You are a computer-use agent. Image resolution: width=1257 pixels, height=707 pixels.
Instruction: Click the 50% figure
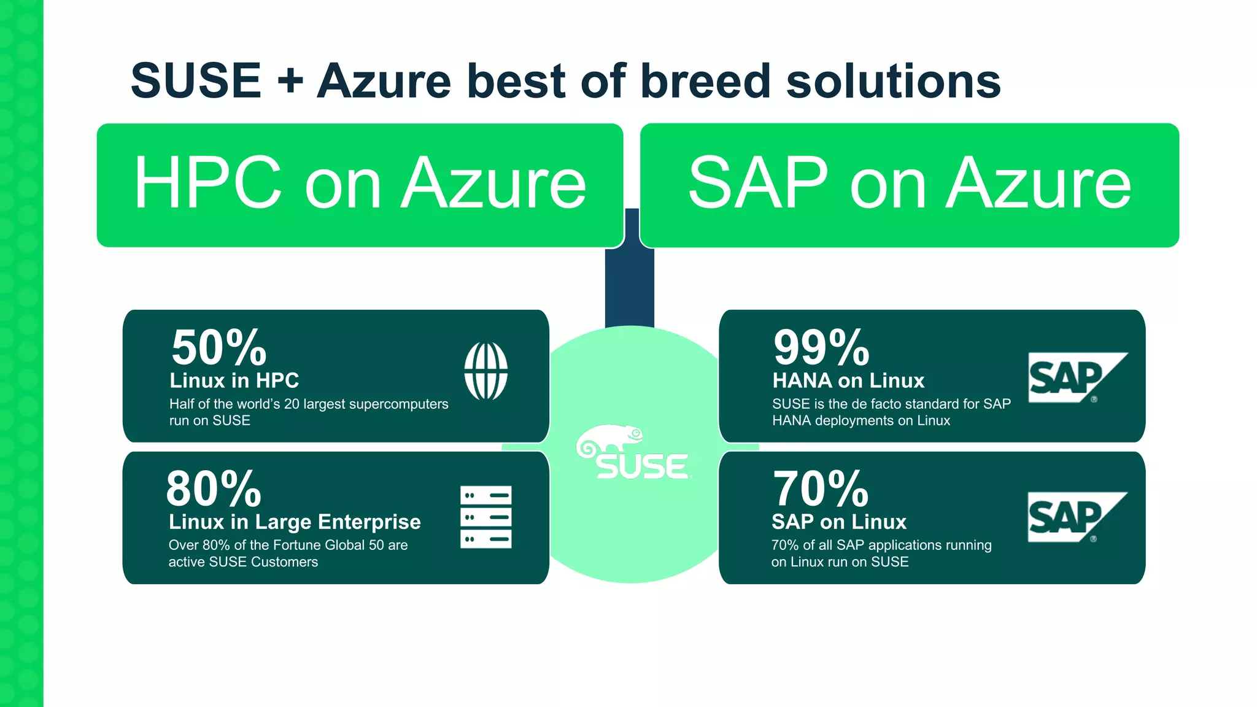point(219,348)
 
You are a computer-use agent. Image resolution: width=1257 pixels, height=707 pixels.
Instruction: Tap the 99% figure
point(821,348)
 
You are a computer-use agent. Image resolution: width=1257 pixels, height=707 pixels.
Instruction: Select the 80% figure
point(214,489)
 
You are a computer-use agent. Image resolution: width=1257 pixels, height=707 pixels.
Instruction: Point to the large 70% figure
point(821,489)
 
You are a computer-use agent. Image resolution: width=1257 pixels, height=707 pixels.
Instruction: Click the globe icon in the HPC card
point(485,371)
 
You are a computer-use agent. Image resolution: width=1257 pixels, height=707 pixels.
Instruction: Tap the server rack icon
point(485,517)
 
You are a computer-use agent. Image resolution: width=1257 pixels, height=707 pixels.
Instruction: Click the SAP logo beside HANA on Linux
point(1077,377)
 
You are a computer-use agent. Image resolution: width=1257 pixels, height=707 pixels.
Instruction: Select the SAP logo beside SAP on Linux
point(1077,517)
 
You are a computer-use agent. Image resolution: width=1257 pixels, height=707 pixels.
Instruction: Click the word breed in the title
point(705,81)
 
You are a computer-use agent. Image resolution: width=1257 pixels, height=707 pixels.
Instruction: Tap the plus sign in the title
point(290,82)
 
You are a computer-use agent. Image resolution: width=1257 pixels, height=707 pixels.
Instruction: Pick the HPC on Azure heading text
point(360,183)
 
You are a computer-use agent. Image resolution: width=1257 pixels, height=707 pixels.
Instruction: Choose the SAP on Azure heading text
point(909,183)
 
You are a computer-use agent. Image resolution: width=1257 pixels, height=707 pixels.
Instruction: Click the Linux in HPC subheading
point(234,381)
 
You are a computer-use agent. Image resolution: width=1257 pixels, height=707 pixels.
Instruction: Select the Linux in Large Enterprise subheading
point(295,522)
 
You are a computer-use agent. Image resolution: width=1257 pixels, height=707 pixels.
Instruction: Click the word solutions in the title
point(893,81)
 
